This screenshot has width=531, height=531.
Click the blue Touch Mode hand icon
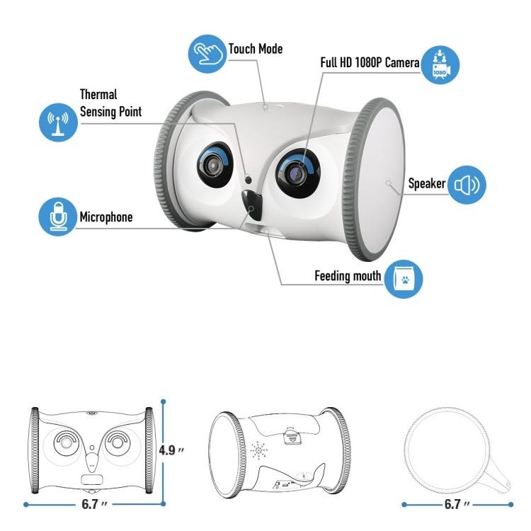coord(207,53)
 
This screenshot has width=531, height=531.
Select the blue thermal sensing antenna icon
coord(57,122)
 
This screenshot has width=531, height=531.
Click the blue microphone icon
coord(57,217)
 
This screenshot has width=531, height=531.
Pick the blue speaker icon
coord(468,184)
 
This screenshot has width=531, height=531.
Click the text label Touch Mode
coord(255,49)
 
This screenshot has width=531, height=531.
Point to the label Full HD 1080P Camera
coord(370,63)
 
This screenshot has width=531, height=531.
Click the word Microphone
coord(105,217)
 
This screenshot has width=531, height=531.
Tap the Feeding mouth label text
coord(348,275)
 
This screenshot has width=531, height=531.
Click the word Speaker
coord(427,184)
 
